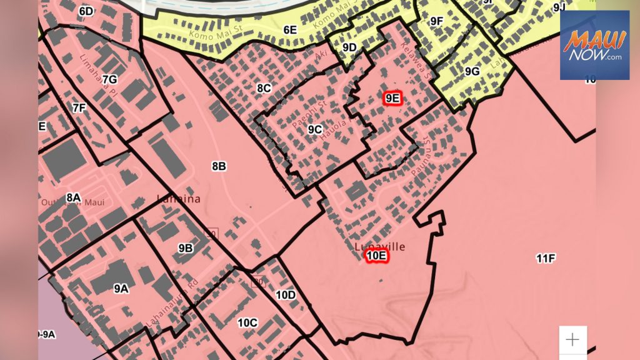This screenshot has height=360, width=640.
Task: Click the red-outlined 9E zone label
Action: (392, 98)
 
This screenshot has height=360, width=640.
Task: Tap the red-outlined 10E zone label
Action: (377, 256)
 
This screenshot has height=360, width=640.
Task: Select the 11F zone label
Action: (546, 258)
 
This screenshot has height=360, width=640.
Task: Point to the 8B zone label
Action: (219, 166)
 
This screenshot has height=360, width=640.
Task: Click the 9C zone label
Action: (315, 129)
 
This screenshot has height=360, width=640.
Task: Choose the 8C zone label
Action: (264, 88)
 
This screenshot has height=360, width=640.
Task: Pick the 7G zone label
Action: (109, 79)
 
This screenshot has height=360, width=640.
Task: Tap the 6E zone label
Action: (290, 29)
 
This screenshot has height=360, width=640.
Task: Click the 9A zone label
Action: (121, 288)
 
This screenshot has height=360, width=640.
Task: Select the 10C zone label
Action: (247, 322)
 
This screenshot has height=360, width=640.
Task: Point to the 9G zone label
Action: (472, 71)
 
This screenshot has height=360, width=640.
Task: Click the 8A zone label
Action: (73, 197)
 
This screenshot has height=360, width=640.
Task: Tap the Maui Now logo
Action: (594, 45)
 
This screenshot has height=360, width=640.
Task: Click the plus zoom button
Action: (572, 339)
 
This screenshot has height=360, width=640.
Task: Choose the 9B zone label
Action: (186, 248)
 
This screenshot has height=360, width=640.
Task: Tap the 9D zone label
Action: (349, 47)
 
